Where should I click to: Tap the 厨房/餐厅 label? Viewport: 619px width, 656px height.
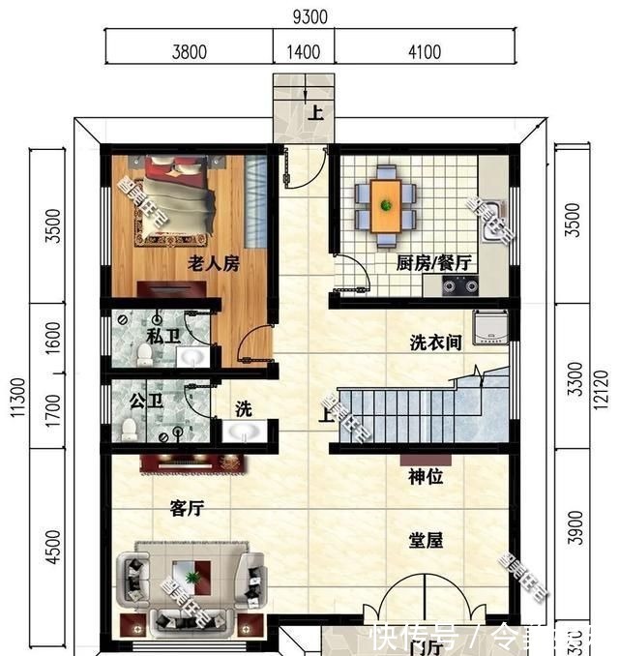pos(433,262)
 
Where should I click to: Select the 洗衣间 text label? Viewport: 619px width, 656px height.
pos(434,343)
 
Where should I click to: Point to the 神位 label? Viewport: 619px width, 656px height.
pos(426,477)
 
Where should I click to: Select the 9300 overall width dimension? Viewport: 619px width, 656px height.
pos(309,16)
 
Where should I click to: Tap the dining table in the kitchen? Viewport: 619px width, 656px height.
pos(387,204)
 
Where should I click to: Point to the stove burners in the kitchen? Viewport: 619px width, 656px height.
pos(460,284)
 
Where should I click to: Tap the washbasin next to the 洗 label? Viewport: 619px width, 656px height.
pos(241,431)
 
